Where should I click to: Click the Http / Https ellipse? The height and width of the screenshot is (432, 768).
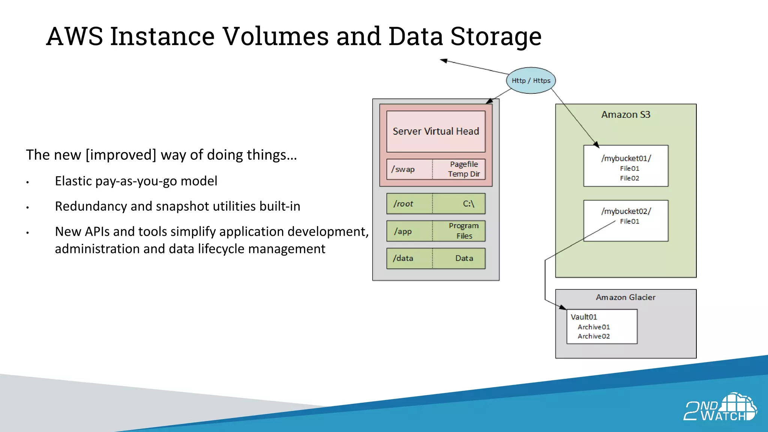531,80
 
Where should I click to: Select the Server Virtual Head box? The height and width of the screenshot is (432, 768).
436,131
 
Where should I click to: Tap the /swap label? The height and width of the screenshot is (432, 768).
403,169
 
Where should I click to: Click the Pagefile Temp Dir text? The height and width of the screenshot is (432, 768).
464,169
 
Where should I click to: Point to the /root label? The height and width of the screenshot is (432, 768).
403,204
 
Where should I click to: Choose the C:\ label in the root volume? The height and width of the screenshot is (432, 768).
468,204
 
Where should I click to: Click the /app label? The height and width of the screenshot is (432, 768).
403,231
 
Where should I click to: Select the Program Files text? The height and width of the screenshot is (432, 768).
464,231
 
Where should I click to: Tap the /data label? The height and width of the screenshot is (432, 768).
403,258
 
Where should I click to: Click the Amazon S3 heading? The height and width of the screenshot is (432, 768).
625,115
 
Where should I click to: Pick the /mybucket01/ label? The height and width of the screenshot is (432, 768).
626,158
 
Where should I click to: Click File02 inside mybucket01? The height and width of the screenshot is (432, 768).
629,178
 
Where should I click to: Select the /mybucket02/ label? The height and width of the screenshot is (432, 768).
626,211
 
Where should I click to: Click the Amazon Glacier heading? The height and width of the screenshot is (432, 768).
625,297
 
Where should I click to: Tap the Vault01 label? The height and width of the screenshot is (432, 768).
583,317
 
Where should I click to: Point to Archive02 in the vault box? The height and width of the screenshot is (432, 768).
594,336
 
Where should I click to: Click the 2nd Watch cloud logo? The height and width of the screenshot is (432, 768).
720,407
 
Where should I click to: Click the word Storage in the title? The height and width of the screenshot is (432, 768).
496,36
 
